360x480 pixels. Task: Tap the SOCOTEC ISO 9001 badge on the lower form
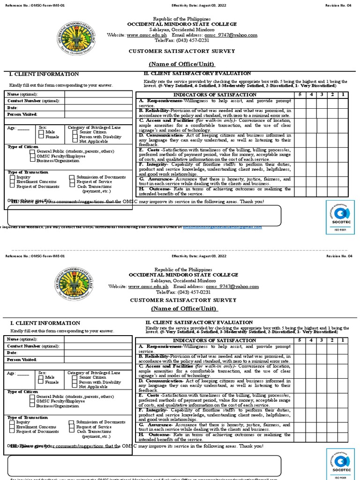pyautogui.click(x=337, y=464)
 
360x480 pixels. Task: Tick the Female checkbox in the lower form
pyautogui.click(x=42, y=382)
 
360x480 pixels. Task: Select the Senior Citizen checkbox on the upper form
pyautogui.click(x=75, y=132)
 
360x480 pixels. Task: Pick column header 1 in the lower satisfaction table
pyautogui.click(x=343, y=340)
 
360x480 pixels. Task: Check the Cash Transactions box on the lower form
pyautogui.click(x=73, y=431)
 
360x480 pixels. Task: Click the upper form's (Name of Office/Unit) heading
pyautogui.click(x=182, y=64)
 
